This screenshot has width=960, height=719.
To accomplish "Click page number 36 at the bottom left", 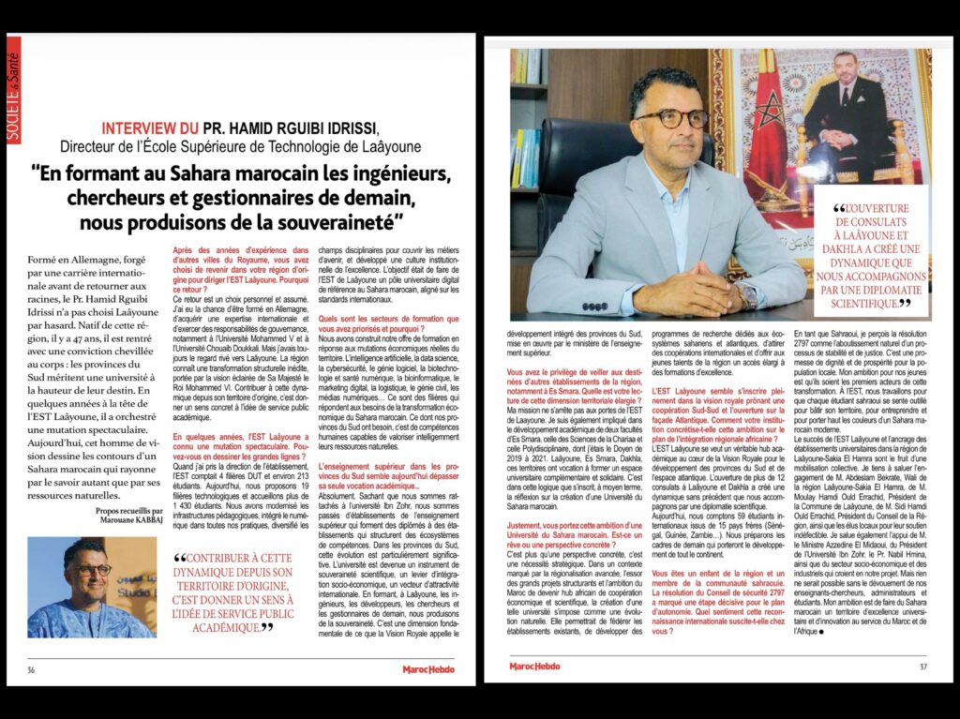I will [x=32, y=669].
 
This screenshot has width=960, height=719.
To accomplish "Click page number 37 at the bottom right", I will [x=922, y=668].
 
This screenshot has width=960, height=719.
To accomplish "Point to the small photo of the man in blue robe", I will [x=92, y=587].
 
